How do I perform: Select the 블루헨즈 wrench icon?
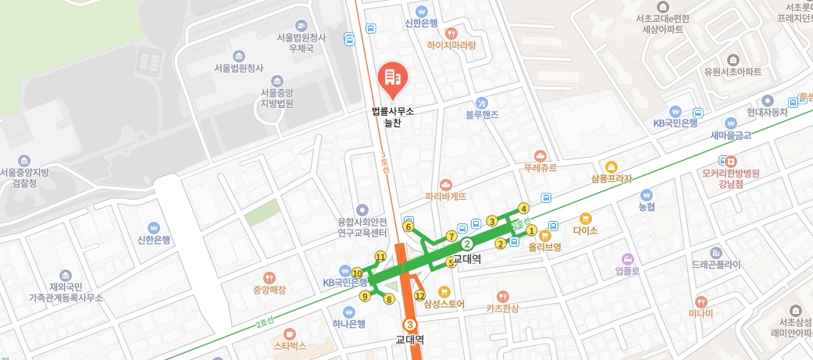pyautogui.click(x=482, y=102)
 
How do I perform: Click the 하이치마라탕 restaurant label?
pyautogui.click(x=451, y=45)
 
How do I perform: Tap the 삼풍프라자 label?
pyautogui.click(x=612, y=179)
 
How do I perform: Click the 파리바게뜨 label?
pyautogui.click(x=445, y=197)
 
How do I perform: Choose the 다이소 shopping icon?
pyautogui.click(x=585, y=218)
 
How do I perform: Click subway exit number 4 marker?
pyautogui.click(x=524, y=208)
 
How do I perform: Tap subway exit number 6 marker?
pyautogui.click(x=408, y=226)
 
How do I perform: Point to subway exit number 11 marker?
pyautogui.click(x=380, y=256)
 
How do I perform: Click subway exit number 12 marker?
pyautogui.click(x=419, y=296)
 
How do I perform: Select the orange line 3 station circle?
pyautogui.click(x=408, y=324)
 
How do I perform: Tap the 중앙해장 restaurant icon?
pyautogui.click(x=269, y=277)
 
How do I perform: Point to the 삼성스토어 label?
pyautogui.click(x=444, y=304)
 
